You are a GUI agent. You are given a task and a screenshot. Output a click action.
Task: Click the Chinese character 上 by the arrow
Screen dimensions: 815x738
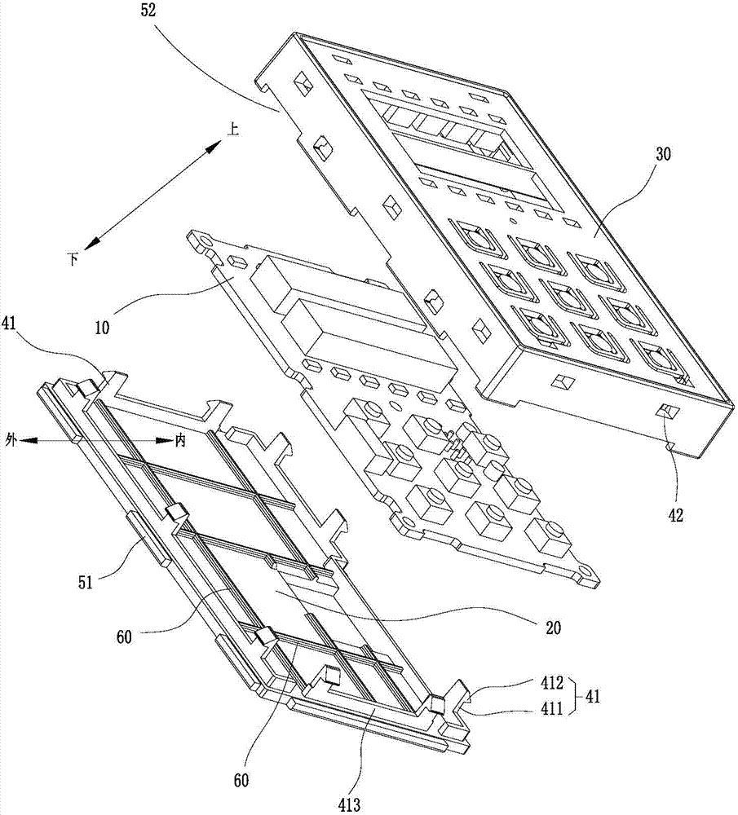[x=233, y=130]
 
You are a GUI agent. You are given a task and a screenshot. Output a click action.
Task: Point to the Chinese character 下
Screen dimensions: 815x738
[x=73, y=260]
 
